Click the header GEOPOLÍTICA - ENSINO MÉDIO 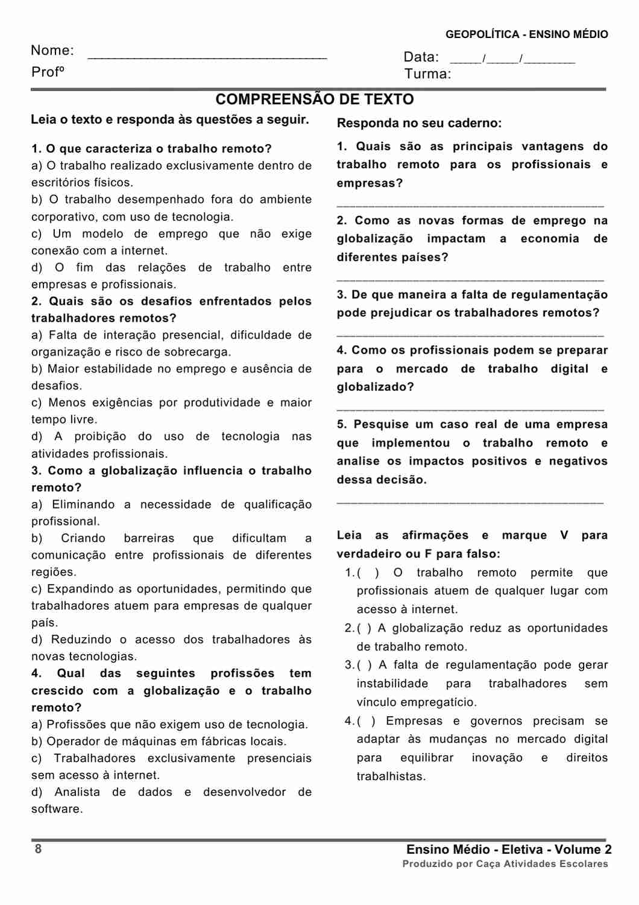pos(526,34)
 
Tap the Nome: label pos(52,51)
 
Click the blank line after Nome pos(207,57)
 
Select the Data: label pos(421,57)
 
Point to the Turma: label pos(427,74)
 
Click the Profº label pos(48,72)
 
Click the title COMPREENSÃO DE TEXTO pos(315,100)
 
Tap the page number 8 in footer pos(38,849)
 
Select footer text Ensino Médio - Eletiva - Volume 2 pos(509,849)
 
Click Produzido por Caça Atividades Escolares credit pos(505,864)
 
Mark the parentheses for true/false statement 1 pos(368,573)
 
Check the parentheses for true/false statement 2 pos(364,628)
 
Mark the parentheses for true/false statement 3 pos(364,665)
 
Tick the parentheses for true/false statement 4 pos(366,721)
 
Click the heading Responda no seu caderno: pos(419,123)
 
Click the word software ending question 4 pos(56,809)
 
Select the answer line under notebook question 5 pos(470,502)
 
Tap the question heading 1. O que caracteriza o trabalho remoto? pos(151,149)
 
